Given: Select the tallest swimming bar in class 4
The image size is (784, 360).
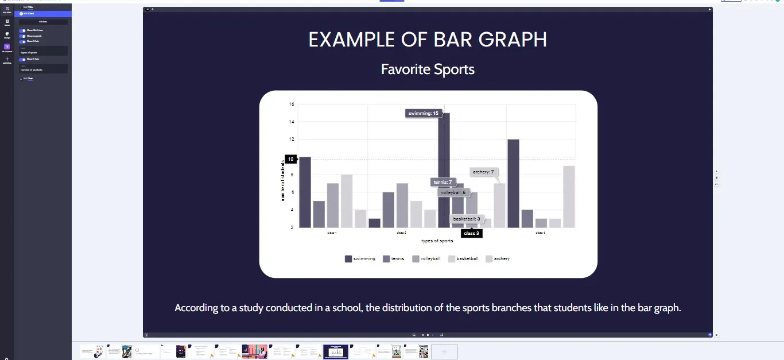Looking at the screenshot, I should click(513, 183).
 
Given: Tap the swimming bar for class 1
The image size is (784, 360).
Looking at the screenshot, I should click(305, 192).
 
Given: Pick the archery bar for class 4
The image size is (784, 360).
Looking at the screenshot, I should click(569, 196).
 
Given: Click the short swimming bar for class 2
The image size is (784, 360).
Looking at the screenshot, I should click(374, 223).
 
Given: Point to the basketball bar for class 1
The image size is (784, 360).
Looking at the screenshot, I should click(347, 201).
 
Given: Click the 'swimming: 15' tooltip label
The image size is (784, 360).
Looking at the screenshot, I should click(423, 114).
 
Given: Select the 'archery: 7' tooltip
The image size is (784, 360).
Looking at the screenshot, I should click(483, 172).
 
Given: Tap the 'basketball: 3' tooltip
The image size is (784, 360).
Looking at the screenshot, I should click(467, 219).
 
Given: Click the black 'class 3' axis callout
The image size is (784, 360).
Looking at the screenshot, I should click(471, 233).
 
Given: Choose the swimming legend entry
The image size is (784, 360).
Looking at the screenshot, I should click(360, 259).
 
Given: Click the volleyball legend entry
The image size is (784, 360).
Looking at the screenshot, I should click(426, 259).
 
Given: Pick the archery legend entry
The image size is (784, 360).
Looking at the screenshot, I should click(498, 259).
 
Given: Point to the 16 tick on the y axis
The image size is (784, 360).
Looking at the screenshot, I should click(292, 104).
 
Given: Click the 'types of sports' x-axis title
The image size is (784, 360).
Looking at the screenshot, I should click(437, 241).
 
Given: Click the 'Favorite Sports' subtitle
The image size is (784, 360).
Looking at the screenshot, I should click(428, 69).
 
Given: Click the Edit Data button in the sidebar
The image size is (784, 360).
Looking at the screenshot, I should click(43, 22).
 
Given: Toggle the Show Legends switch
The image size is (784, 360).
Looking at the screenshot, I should click(22, 36).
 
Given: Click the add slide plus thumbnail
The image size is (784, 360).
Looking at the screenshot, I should click(444, 351).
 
